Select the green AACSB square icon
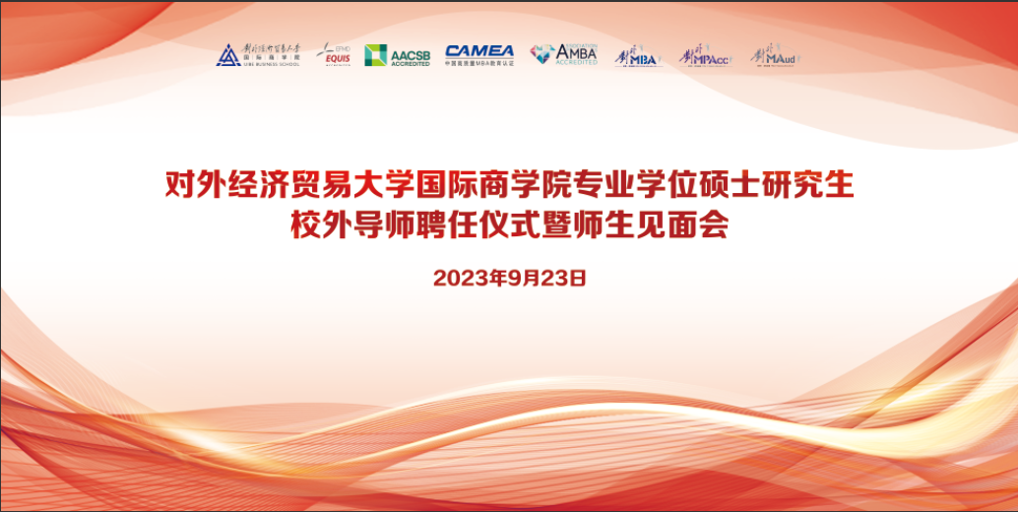[375, 55]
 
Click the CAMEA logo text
[478, 51]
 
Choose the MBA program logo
[637, 56]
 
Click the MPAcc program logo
[704, 56]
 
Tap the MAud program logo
[774, 56]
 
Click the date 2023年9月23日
[509, 279]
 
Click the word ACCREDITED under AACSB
[411, 63]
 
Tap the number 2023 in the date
[457, 279]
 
